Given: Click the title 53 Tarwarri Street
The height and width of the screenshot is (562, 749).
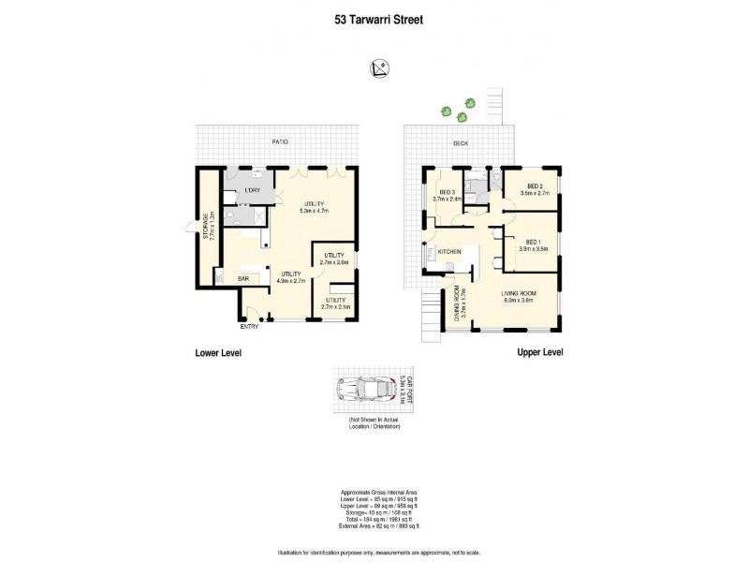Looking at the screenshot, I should tap(374, 16).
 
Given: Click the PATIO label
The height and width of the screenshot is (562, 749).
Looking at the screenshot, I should tap(280, 141).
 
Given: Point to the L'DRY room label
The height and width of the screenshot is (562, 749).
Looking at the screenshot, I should tap(251, 191).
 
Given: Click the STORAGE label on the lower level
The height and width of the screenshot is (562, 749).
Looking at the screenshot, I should tap(210, 226).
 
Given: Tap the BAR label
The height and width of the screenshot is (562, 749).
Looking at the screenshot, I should tap(242, 279).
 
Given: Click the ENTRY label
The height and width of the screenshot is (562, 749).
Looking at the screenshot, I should tap(249, 327).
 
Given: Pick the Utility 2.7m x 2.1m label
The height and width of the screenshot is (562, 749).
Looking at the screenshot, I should tap(335, 303).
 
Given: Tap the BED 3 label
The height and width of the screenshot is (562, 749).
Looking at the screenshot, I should tap(448, 195).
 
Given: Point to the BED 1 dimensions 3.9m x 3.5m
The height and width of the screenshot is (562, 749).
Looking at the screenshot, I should tap(532, 249).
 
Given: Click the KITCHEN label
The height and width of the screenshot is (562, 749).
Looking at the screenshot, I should tap(451, 252).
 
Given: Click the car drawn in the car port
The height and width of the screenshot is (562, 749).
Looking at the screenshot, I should tap(366, 390).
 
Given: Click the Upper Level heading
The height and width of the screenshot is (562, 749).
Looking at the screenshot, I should tap(539, 352).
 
